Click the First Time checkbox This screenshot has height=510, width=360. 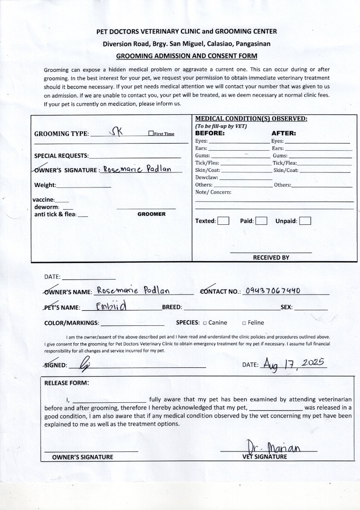click(x=151, y=134)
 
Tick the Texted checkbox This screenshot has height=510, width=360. click(x=223, y=221)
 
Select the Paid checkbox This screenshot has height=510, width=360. click(x=261, y=221)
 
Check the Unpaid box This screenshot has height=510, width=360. click(x=305, y=221)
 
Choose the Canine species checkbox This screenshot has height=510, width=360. click(x=205, y=323)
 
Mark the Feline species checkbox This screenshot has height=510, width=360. click(x=244, y=323)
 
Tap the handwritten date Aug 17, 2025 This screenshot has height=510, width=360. click(x=293, y=364)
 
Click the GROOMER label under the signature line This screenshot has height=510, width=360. click(x=151, y=214)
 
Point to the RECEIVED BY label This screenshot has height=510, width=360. click(x=271, y=257)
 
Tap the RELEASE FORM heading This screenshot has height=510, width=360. click(x=66, y=383)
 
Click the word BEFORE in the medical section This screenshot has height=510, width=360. click(x=210, y=133)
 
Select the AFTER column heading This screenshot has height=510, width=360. click(x=283, y=133)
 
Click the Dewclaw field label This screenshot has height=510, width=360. click(x=206, y=177)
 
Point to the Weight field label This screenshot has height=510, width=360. click(x=45, y=185)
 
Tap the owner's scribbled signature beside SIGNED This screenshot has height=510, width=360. click(x=85, y=364)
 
